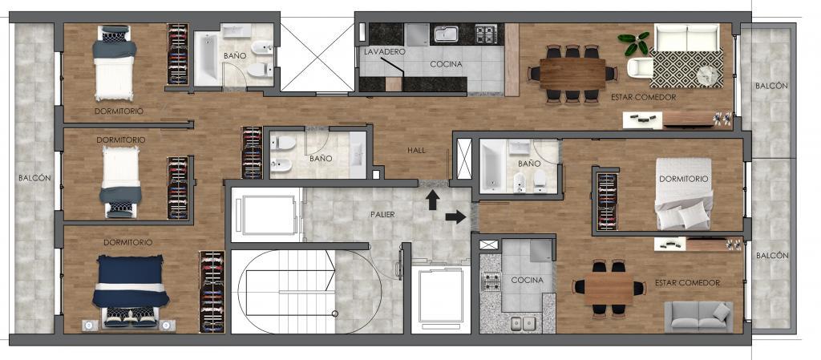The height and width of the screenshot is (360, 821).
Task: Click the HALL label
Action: point(416,150)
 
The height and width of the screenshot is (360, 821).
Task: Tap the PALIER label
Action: point(382,215)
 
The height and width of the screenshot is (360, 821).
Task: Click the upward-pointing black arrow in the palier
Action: point(432,200)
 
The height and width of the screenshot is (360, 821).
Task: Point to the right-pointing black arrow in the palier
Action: point(455,216)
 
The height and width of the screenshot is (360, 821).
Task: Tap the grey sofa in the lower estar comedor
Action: point(698,317)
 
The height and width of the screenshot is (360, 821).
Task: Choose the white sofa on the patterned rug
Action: point(686,37)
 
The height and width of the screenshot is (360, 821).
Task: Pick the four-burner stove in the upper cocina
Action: point(485,34)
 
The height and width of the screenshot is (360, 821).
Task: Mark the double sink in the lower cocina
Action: point(523,324)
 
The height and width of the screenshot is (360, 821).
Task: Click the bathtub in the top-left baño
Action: point(207,59)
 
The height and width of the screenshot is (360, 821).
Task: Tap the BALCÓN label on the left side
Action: point(34,178)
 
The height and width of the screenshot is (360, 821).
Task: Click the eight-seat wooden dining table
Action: point(572,73)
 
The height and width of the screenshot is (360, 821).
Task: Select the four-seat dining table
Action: point(609,289)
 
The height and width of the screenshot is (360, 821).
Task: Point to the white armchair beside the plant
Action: point(640,67)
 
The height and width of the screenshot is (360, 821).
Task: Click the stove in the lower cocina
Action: point(491,281)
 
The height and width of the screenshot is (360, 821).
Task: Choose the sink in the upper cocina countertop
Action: point(447,34)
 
